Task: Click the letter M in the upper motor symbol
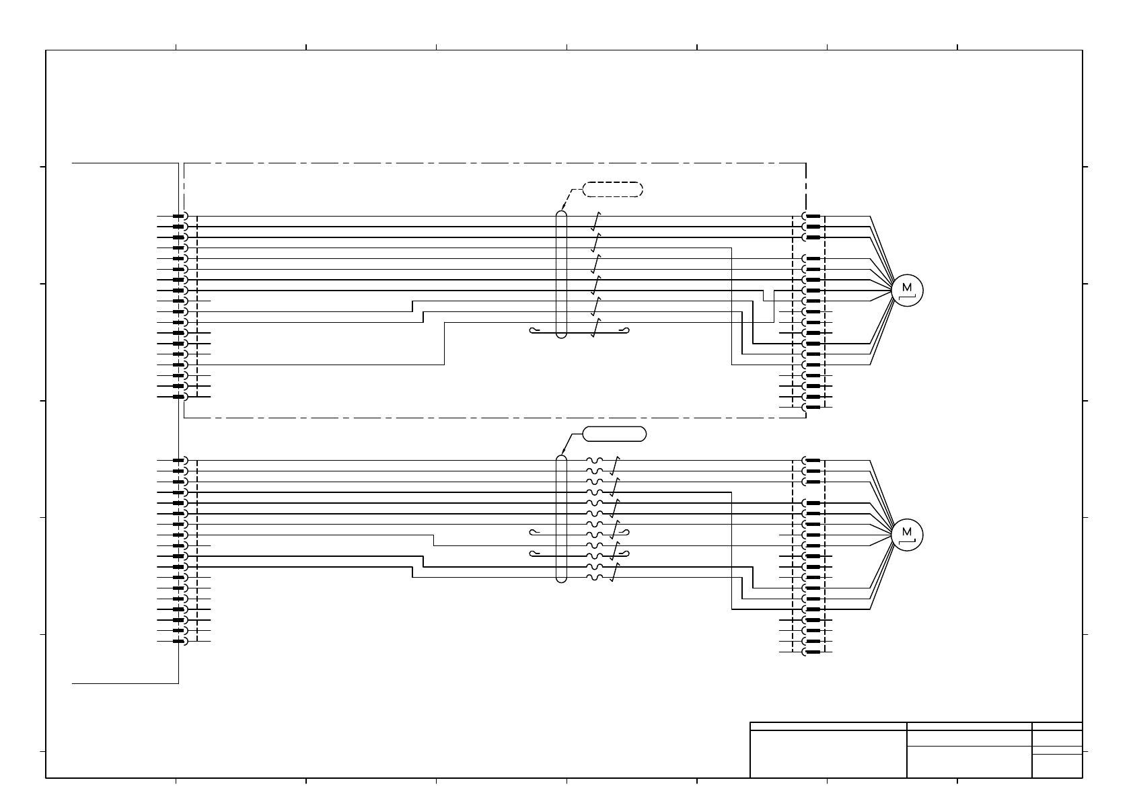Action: [x=906, y=288]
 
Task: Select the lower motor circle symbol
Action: [x=907, y=535]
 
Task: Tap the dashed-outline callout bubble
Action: [x=612, y=189]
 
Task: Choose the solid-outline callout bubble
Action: [x=614, y=434]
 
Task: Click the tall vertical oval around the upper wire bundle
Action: [x=562, y=274]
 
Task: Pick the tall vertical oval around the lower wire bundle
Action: [x=562, y=519]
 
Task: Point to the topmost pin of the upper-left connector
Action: [x=178, y=217]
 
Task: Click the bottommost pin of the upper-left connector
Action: [x=178, y=397]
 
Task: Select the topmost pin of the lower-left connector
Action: [x=178, y=461]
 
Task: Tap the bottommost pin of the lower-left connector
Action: [x=178, y=641]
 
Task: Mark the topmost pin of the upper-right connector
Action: [x=812, y=217]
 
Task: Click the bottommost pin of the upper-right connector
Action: [x=812, y=408]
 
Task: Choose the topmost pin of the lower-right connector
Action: [x=812, y=461]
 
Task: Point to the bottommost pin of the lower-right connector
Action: [x=812, y=652]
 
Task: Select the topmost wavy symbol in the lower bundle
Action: [x=594, y=461]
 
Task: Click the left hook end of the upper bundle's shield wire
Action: [x=534, y=330]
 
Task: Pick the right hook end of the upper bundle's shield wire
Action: [x=626, y=330]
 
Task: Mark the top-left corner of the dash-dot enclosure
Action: [x=184, y=163]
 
